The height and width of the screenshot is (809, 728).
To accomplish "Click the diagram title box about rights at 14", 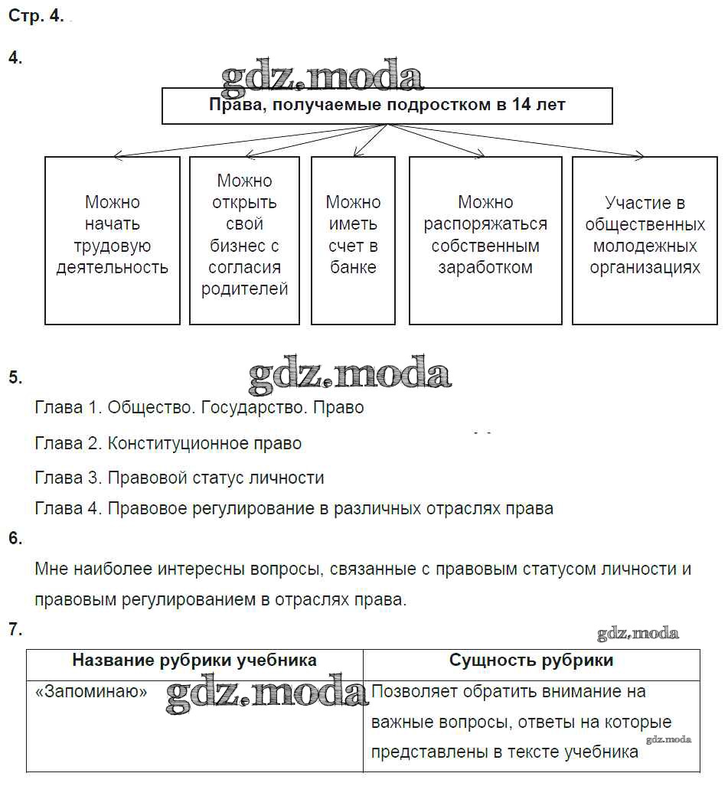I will point(387,106).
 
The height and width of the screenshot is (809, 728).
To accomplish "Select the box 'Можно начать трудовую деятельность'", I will point(113,240).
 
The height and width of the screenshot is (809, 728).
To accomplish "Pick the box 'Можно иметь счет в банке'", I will point(353,240).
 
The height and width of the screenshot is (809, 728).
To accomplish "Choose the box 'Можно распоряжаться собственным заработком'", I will point(485,240).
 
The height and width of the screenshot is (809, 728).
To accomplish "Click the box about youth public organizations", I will point(645,240).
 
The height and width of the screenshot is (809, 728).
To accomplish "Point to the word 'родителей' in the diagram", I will point(245,289).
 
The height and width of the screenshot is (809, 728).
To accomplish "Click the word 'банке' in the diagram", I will point(353,268).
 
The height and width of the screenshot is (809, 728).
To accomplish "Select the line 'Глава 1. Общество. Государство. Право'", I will point(199,408).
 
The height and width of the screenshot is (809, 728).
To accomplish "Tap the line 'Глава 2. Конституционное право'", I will point(168,443).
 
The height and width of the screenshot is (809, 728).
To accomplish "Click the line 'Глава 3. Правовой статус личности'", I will point(179,478).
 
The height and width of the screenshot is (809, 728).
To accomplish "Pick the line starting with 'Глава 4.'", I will point(294,508).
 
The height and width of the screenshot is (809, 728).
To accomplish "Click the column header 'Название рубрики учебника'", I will point(194,661).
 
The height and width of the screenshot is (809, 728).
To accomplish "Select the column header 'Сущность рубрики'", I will point(531,661).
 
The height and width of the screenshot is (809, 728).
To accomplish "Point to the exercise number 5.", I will point(15,377).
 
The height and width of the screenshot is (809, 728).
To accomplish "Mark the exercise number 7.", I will point(15,630).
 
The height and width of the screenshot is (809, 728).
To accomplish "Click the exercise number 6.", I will point(15,538).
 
